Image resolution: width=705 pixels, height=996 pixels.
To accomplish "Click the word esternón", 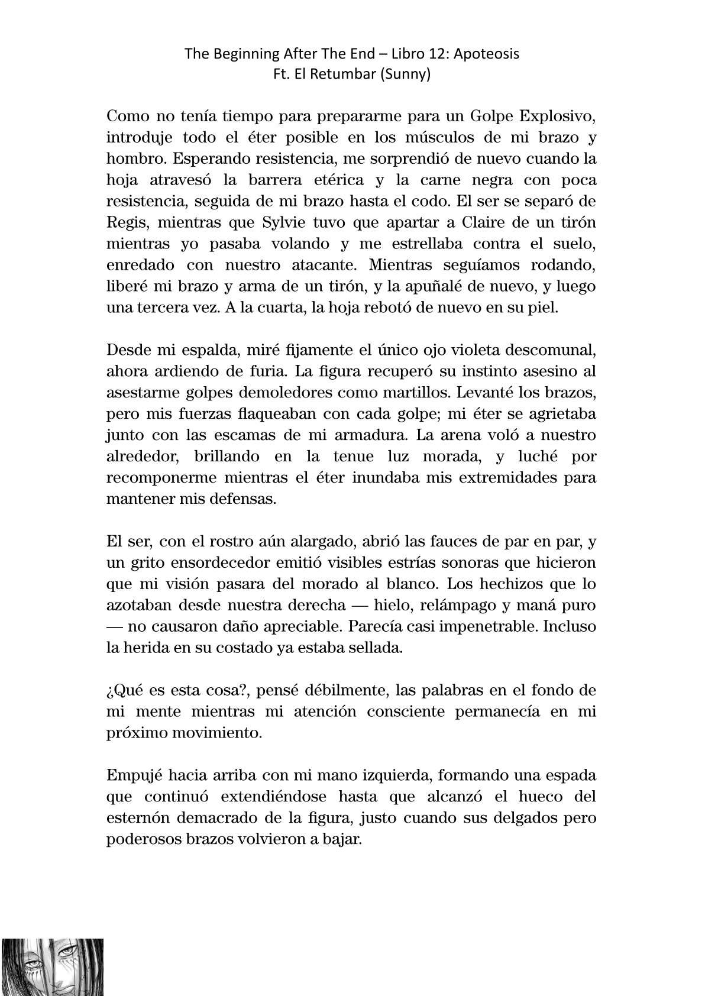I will point(135,818).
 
